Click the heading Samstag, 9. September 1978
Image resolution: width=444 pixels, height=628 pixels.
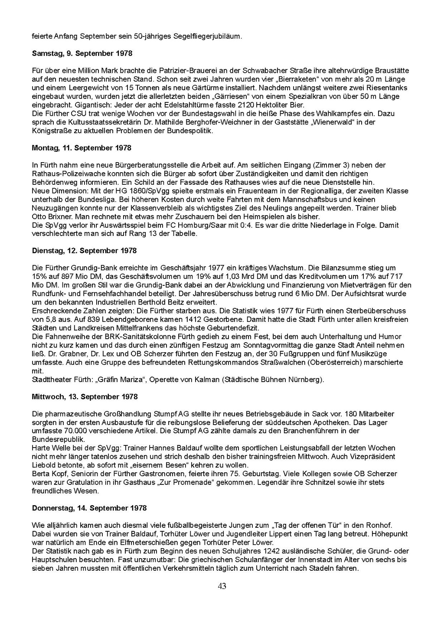[x=82, y=54]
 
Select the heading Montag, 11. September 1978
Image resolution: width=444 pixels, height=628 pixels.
[x=82, y=148]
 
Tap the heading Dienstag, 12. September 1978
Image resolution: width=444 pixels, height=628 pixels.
[x=84, y=251]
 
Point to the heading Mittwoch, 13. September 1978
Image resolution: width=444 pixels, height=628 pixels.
[x=85, y=397]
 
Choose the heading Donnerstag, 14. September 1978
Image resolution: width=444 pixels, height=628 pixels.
[x=89, y=508]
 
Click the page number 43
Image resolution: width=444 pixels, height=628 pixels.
[x=222, y=586]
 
